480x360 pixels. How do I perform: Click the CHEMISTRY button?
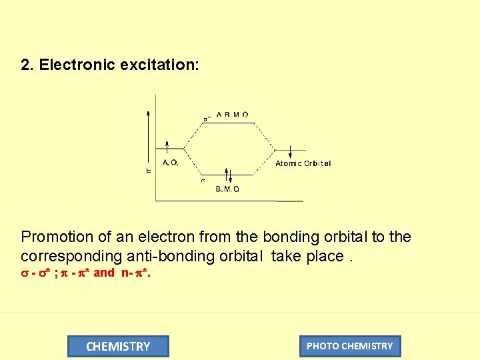[x=118, y=346]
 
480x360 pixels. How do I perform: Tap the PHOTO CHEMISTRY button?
[x=350, y=346]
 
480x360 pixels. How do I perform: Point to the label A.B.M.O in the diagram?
[x=232, y=114]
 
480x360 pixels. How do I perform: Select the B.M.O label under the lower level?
[x=227, y=189]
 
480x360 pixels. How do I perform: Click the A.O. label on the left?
[x=170, y=162]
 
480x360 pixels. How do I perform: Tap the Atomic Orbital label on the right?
[x=303, y=163]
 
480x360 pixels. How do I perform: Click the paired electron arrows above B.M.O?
[x=227, y=175]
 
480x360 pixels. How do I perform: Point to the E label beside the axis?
[x=148, y=171]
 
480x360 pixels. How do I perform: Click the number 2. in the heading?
[x=27, y=65]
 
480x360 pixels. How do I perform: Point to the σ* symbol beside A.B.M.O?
[x=207, y=119]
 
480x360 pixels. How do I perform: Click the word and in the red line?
[x=103, y=273]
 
